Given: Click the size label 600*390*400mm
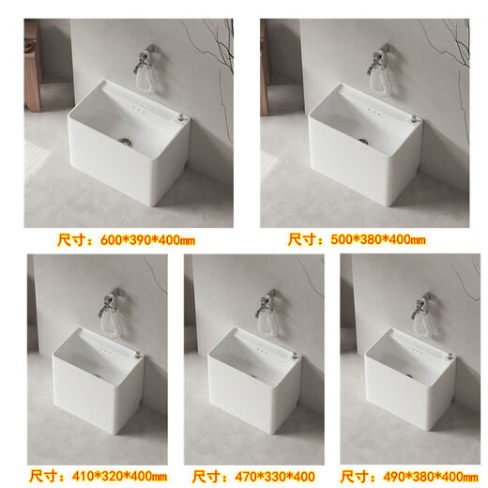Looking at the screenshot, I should (x=130, y=240).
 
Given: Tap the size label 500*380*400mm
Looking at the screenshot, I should (x=357, y=240).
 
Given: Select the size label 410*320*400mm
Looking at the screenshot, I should (x=98, y=476).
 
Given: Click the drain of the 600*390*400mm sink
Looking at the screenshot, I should (x=123, y=141).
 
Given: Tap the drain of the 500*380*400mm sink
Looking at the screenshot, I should (x=361, y=141).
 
